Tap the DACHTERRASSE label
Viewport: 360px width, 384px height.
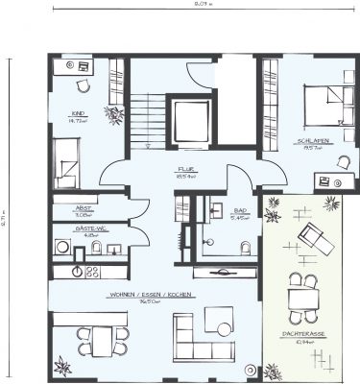tap(307, 335)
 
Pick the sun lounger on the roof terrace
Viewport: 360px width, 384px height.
tap(314, 236)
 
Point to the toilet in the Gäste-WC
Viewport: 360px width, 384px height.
tap(97, 249)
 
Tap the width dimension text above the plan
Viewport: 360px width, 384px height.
tap(203, 4)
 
